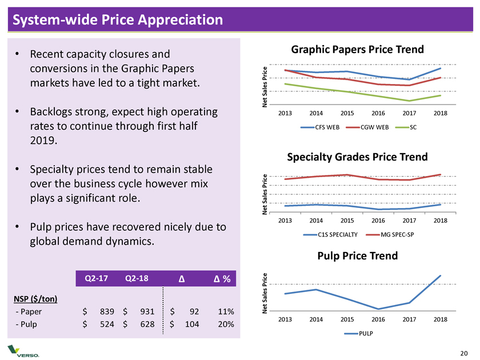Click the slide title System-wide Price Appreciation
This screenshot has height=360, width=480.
tap(117, 20)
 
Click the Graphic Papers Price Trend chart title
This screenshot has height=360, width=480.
tap(357, 50)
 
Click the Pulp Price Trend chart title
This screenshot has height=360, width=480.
tap(357, 256)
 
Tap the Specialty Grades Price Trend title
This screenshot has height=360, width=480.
tap(357, 157)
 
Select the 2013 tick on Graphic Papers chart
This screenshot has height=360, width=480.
tap(285, 113)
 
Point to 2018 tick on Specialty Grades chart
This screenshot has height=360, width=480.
tap(440, 221)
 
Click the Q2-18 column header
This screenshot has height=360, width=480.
tap(136, 278)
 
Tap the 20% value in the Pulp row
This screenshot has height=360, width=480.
tap(225, 324)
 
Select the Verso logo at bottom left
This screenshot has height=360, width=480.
tap(23, 351)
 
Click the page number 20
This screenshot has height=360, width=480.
tap(463, 351)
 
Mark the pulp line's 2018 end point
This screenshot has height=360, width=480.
tap(441, 276)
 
